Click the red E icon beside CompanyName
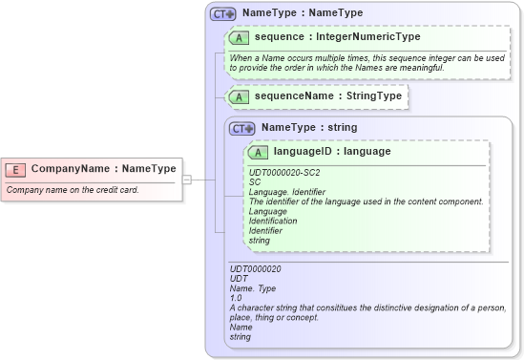15,169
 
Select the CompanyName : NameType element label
103,169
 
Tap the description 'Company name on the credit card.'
73,189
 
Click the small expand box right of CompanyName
186,179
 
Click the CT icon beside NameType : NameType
223,14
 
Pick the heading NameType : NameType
302,13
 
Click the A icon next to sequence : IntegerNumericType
240,37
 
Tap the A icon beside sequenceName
240,96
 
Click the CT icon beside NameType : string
242,128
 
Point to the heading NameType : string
308,127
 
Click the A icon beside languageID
259,152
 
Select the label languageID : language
331,151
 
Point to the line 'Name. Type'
252,288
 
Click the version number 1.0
236,298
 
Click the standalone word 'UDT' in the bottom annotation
239,279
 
